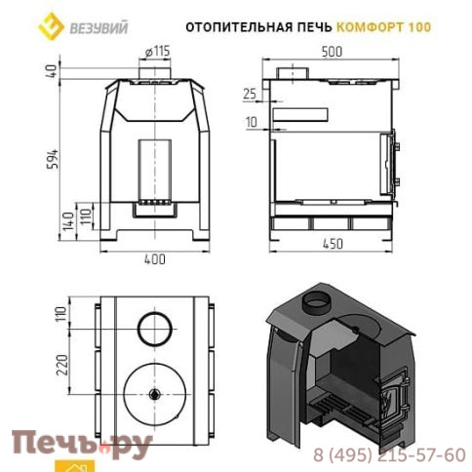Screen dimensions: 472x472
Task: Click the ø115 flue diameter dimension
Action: pos(157,52)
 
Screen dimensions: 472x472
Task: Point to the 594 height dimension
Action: pos(54,159)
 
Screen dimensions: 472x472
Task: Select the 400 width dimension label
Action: pos(155,259)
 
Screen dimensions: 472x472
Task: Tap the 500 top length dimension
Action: pos(332,52)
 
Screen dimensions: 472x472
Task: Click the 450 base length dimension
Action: pos(332,244)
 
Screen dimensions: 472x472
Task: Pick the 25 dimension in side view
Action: pos(250,94)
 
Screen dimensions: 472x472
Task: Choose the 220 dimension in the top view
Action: pos(62,365)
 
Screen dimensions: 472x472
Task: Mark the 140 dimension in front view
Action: pos(69,221)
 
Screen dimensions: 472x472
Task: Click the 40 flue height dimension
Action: pos(53,71)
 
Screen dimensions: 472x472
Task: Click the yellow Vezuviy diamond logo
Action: pos(51,26)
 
